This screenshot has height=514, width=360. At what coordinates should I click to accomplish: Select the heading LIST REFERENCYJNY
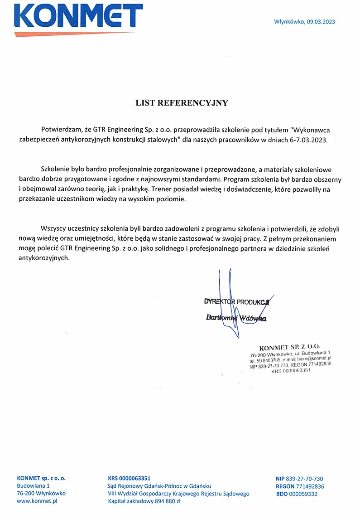(182, 103)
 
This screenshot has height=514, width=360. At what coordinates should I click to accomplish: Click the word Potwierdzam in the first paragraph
(59, 129)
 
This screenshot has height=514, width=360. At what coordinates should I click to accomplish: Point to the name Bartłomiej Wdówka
(236, 318)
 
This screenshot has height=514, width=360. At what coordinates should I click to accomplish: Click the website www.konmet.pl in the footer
(37, 501)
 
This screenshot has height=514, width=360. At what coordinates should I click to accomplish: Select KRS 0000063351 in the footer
(129, 478)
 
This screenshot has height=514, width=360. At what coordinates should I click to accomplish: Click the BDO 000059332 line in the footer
(296, 494)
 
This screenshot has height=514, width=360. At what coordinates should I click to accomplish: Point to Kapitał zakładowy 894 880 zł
(144, 501)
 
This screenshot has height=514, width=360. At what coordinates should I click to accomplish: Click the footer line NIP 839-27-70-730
(299, 479)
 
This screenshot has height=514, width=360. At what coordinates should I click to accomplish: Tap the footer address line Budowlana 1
(33, 486)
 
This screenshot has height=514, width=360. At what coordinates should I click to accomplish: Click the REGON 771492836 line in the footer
(299, 486)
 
